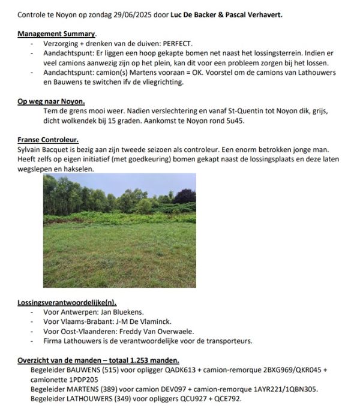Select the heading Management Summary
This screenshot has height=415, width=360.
(x=58, y=34)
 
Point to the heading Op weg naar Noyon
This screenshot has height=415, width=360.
(x=51, y=101)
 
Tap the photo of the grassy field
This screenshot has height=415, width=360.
(x=119, y=230)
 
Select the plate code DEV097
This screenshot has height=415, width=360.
(x=158, y=389)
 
